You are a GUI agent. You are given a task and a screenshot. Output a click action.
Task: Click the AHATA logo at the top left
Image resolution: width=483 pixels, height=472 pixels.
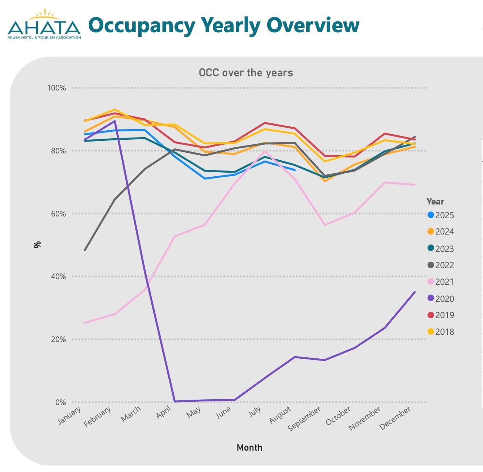point(44,25)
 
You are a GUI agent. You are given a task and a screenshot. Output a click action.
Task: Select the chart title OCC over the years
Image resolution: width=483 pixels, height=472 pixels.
point(246,73)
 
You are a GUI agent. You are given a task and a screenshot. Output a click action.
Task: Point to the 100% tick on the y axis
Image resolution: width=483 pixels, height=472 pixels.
point(56,88)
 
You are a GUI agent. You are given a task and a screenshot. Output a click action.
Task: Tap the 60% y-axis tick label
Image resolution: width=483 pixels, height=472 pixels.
point(58,214)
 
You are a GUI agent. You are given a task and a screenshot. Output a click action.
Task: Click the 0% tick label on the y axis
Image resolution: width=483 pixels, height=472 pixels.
point(60,402)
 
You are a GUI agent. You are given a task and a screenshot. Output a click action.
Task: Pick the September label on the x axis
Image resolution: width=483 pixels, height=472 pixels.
point(304,419)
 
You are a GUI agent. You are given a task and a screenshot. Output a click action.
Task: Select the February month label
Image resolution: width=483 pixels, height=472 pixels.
point(97,417)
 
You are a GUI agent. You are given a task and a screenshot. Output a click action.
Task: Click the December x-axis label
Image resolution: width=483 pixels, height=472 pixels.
point(395,418)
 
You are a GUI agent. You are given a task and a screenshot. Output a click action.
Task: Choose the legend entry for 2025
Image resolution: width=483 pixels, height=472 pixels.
point(440,215)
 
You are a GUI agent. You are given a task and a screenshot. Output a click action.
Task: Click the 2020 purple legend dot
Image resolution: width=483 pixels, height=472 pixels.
point(431,298)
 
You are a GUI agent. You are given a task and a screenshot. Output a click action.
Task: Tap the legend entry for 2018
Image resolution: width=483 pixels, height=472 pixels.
point(440,332)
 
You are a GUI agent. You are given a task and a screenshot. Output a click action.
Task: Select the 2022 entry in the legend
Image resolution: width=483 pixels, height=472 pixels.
point(440,265)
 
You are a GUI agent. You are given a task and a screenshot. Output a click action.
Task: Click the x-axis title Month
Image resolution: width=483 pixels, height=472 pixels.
point(249,447)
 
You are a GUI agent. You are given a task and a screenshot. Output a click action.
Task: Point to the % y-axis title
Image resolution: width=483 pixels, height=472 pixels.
point(37,245)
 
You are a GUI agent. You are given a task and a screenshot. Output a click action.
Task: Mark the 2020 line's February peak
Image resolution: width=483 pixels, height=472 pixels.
point(115,121)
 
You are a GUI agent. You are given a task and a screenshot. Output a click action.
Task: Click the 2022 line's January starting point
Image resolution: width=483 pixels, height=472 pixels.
point(85,250)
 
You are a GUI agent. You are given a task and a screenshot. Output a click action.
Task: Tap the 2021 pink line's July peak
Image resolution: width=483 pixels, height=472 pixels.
point(265,151)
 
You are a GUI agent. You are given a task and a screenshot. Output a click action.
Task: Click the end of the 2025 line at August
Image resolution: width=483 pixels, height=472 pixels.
point(295,170)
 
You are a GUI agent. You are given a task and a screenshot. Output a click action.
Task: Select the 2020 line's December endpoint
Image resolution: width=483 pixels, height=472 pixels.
point(415,292)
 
